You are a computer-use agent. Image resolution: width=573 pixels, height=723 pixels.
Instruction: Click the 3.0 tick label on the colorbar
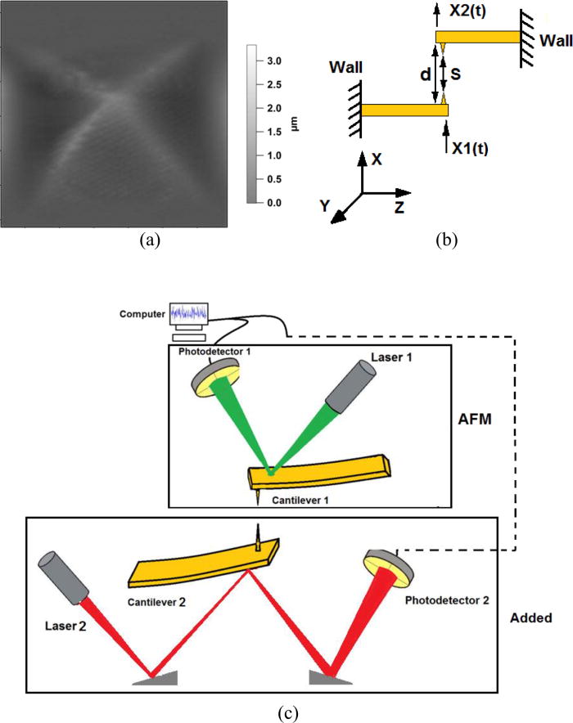tap(274, 61)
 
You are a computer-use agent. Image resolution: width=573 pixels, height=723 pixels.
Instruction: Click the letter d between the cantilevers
tap(423, 74)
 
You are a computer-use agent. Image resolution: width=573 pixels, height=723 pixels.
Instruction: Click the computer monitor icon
tap(189, 315)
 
